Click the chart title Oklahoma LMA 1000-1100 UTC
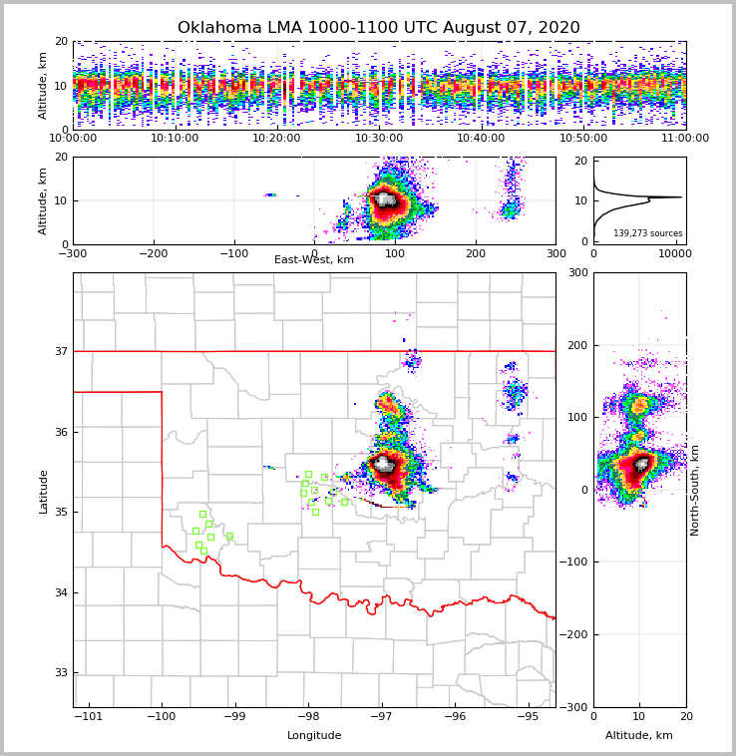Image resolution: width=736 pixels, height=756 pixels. pos(378,28)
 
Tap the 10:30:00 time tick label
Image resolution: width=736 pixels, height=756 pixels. pos(379,139)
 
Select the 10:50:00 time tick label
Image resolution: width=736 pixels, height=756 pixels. pos(583,139)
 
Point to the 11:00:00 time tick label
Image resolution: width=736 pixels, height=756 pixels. pos(685,139)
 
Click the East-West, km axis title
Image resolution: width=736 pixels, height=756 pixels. pos(314,260)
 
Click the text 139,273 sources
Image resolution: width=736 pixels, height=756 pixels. pos(648,233)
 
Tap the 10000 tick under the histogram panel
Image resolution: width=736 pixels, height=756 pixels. pos(674,254)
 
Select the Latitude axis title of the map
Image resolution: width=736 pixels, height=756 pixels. pos(43,491)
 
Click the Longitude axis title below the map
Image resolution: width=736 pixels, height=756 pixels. pos(314,736)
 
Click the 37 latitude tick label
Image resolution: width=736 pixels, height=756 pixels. pos(61,351)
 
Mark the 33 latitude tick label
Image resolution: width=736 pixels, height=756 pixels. pos(61,672)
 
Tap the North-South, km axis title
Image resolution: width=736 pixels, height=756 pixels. pos(695,490)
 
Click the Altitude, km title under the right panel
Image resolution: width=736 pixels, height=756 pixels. pos(639,736)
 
